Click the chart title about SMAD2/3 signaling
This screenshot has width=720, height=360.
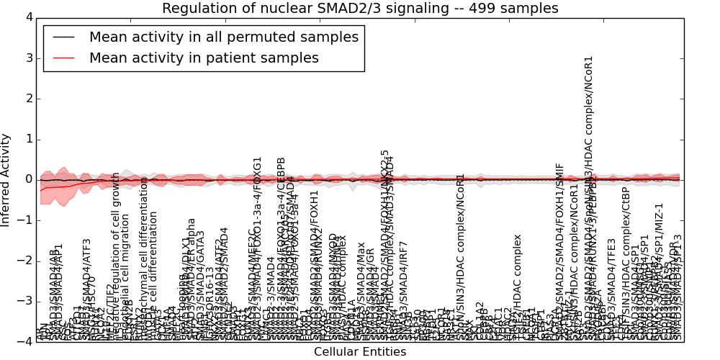360,9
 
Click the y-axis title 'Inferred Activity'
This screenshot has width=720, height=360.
6,180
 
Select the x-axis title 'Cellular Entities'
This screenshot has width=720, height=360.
360,351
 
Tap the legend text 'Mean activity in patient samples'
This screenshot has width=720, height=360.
204,58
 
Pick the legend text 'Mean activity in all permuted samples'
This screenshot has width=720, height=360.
223,37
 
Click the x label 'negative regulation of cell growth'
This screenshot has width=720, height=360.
116,256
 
